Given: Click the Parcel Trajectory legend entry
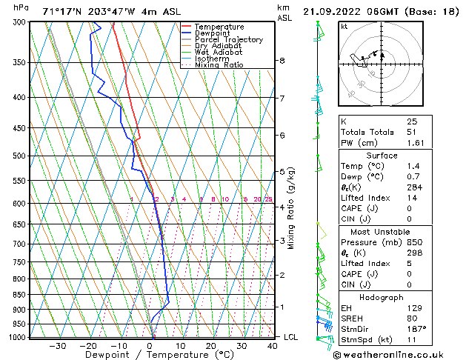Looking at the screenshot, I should click(x=228, y=39).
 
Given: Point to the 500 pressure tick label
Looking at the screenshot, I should click(x=19, y=156).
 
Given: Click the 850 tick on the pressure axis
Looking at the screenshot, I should click(x=19, y=295).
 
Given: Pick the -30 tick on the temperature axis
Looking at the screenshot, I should click(x=57, y=346).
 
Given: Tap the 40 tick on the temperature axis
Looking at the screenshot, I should click(x=273, y=346).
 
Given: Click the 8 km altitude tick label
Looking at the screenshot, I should click(x=282, y=61).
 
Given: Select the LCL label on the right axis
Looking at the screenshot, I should click(x=291, y=337).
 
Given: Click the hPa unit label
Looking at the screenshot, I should click(x=21, y=7).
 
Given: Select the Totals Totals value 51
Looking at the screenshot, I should click(x=413, y=131).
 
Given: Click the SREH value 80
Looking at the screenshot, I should click(x=413, y=318).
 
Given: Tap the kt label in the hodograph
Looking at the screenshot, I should click(x=344, y=27).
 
